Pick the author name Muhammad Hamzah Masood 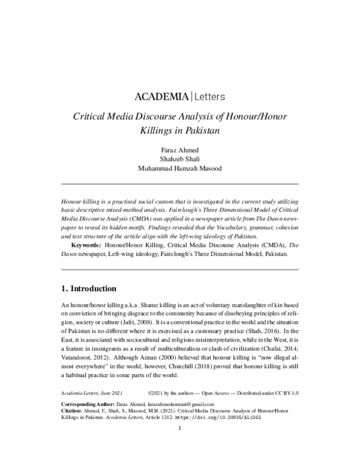pos(180,168)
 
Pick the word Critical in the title pos(91,117)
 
